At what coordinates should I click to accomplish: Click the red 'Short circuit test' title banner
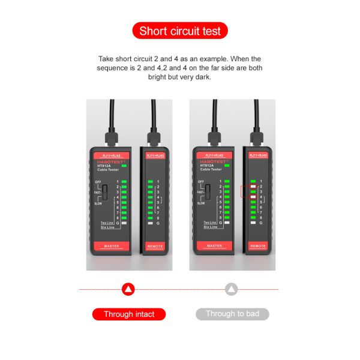pos(180,31)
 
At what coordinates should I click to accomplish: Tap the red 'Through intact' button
pos(129,314)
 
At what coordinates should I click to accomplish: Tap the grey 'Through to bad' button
pos(232,314)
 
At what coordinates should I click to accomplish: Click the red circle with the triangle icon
pos(128,290)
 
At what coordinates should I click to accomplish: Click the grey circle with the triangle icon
pos(232,290)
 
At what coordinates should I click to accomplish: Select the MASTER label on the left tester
pos(112,246)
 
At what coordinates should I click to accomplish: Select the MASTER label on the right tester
pos(215,246)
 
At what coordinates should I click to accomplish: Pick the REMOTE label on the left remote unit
pos(154,246)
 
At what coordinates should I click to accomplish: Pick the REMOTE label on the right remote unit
pos(257,246)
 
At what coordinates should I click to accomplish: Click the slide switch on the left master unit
pos(105,191)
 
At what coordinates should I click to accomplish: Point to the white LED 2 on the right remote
pos(253,187)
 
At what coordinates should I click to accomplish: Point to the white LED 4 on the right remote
pos(253,197)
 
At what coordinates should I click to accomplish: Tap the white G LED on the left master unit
pos(125,223)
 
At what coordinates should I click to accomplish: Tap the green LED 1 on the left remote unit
pos(150,181)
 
